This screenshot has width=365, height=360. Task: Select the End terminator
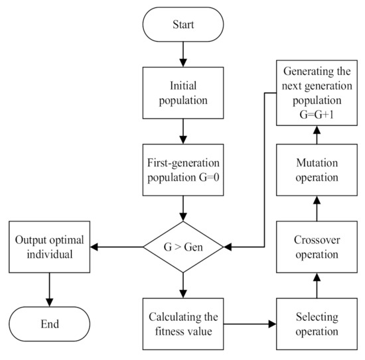(x=50, y=324)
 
